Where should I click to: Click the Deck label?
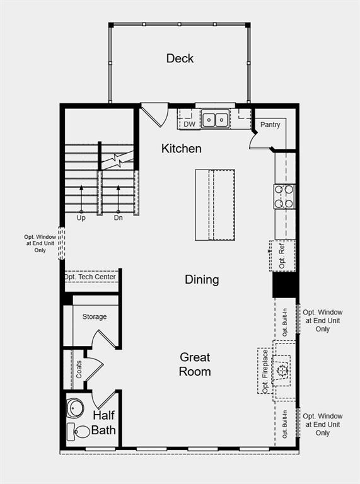tap(180, 59)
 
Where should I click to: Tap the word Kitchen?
tap(181, 149)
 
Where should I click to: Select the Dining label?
tap(202, 280)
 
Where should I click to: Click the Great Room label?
tap(195, 364)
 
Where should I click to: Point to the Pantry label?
tap(270, 125)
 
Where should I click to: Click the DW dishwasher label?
tap(189, 124)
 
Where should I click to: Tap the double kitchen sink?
tap(215, 119)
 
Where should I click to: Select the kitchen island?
tap(215, 205)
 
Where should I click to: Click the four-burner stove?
tap(284, 197)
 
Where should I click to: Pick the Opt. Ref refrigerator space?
tap(282, 256)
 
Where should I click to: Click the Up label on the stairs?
tap(81, 218)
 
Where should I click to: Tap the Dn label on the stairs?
tap(119, 218)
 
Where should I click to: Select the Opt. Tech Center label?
tap(90, 277)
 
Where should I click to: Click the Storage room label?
tap(95, 317)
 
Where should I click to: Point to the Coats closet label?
tap(79, 369)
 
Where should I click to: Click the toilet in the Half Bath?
tap(78, 432)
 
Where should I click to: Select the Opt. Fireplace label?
tap(265, 371)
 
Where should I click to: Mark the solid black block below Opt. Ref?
tap(284, 285)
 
